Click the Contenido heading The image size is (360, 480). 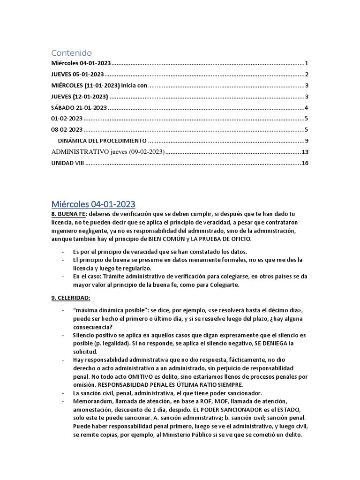pyautogui.click(x=71, y=52)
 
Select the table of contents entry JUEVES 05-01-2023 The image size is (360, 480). pyautogui.click(x=77, y=75)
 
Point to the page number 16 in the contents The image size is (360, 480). pyautogui.click(x=305, y=163)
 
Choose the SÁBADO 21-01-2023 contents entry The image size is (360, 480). pyautogui.click(x=79, y=108)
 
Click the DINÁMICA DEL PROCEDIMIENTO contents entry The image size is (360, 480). pyautogui.click(x=102, y=141)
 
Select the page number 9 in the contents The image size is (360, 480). pyautogui.click(x=306, y=141)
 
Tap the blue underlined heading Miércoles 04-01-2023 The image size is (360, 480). pyautogui.click(x=93, y=204)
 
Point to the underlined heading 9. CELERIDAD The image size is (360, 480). pyautogui.click(x=70, y=298)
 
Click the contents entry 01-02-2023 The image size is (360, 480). pyautogui.click(x=67, y=119)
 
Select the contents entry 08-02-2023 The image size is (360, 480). pyautogui.click(x=67, y=130)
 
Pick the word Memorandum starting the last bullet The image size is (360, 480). pyautogui.click(x=92, y=401)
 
